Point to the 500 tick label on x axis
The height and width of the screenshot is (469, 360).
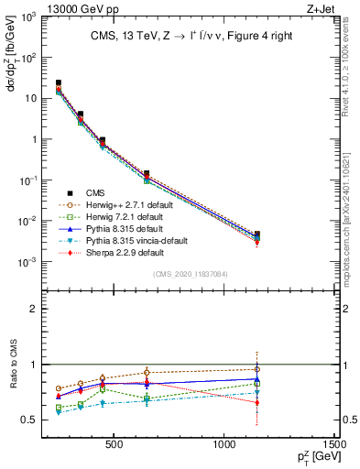pyautogui.click(x=115, y=446)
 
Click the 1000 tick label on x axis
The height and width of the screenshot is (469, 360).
pyautogui.click(x=225, y=446)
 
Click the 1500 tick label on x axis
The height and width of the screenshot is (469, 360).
pyautogui.click(x=335, y=446)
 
